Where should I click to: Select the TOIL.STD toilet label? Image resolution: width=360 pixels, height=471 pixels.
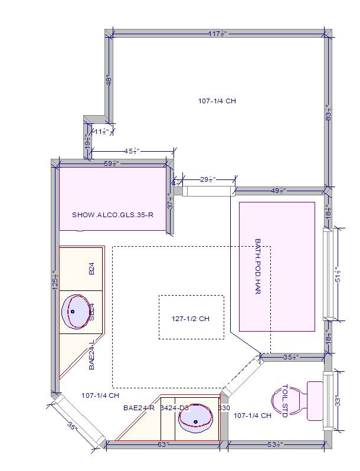[284, 401]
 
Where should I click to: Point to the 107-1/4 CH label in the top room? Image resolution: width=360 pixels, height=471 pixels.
[217, 101]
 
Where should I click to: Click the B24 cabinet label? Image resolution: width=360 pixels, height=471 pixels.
[91, 270]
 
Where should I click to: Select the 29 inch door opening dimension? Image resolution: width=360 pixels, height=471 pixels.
[208, 179]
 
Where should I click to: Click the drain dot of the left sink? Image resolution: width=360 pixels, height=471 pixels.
[73, 311]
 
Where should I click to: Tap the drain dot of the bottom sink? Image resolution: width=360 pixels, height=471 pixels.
[196, 422]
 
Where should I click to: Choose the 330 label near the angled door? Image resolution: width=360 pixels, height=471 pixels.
[224, 408]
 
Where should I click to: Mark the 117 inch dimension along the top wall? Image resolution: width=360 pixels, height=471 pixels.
[218, 34]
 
